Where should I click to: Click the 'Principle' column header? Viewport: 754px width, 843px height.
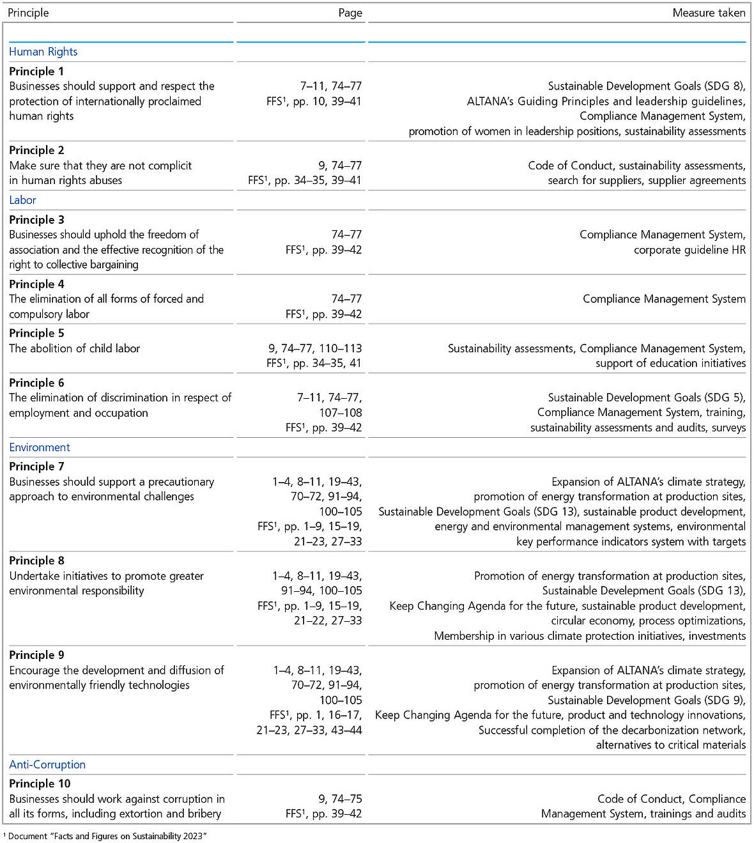28,13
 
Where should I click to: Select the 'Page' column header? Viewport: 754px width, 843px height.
350,13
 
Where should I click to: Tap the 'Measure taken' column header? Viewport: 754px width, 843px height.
709,13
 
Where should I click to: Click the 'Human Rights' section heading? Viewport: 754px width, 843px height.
43,52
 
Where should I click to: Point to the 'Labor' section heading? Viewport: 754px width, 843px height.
23,200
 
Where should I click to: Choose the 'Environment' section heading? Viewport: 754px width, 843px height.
40,447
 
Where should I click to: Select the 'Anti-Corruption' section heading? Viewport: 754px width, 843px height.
47,764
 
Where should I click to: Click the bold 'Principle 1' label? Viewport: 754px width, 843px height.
36,72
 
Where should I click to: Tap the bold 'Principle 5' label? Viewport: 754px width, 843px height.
36,333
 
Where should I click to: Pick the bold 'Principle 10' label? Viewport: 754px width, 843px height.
40,784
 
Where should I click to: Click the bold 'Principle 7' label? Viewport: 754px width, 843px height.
36,467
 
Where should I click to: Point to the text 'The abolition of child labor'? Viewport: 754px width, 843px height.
74,348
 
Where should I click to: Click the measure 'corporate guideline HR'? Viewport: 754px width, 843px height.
689,250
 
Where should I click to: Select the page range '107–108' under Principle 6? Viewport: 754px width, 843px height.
341,413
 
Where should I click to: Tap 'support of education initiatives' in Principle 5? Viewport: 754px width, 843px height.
670,363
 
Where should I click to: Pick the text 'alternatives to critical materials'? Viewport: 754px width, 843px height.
670,745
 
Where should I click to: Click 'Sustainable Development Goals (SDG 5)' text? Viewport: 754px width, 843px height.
645,398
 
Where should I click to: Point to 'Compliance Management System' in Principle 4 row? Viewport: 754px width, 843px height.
664,298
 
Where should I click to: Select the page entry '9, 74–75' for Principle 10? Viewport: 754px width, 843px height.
340,799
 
